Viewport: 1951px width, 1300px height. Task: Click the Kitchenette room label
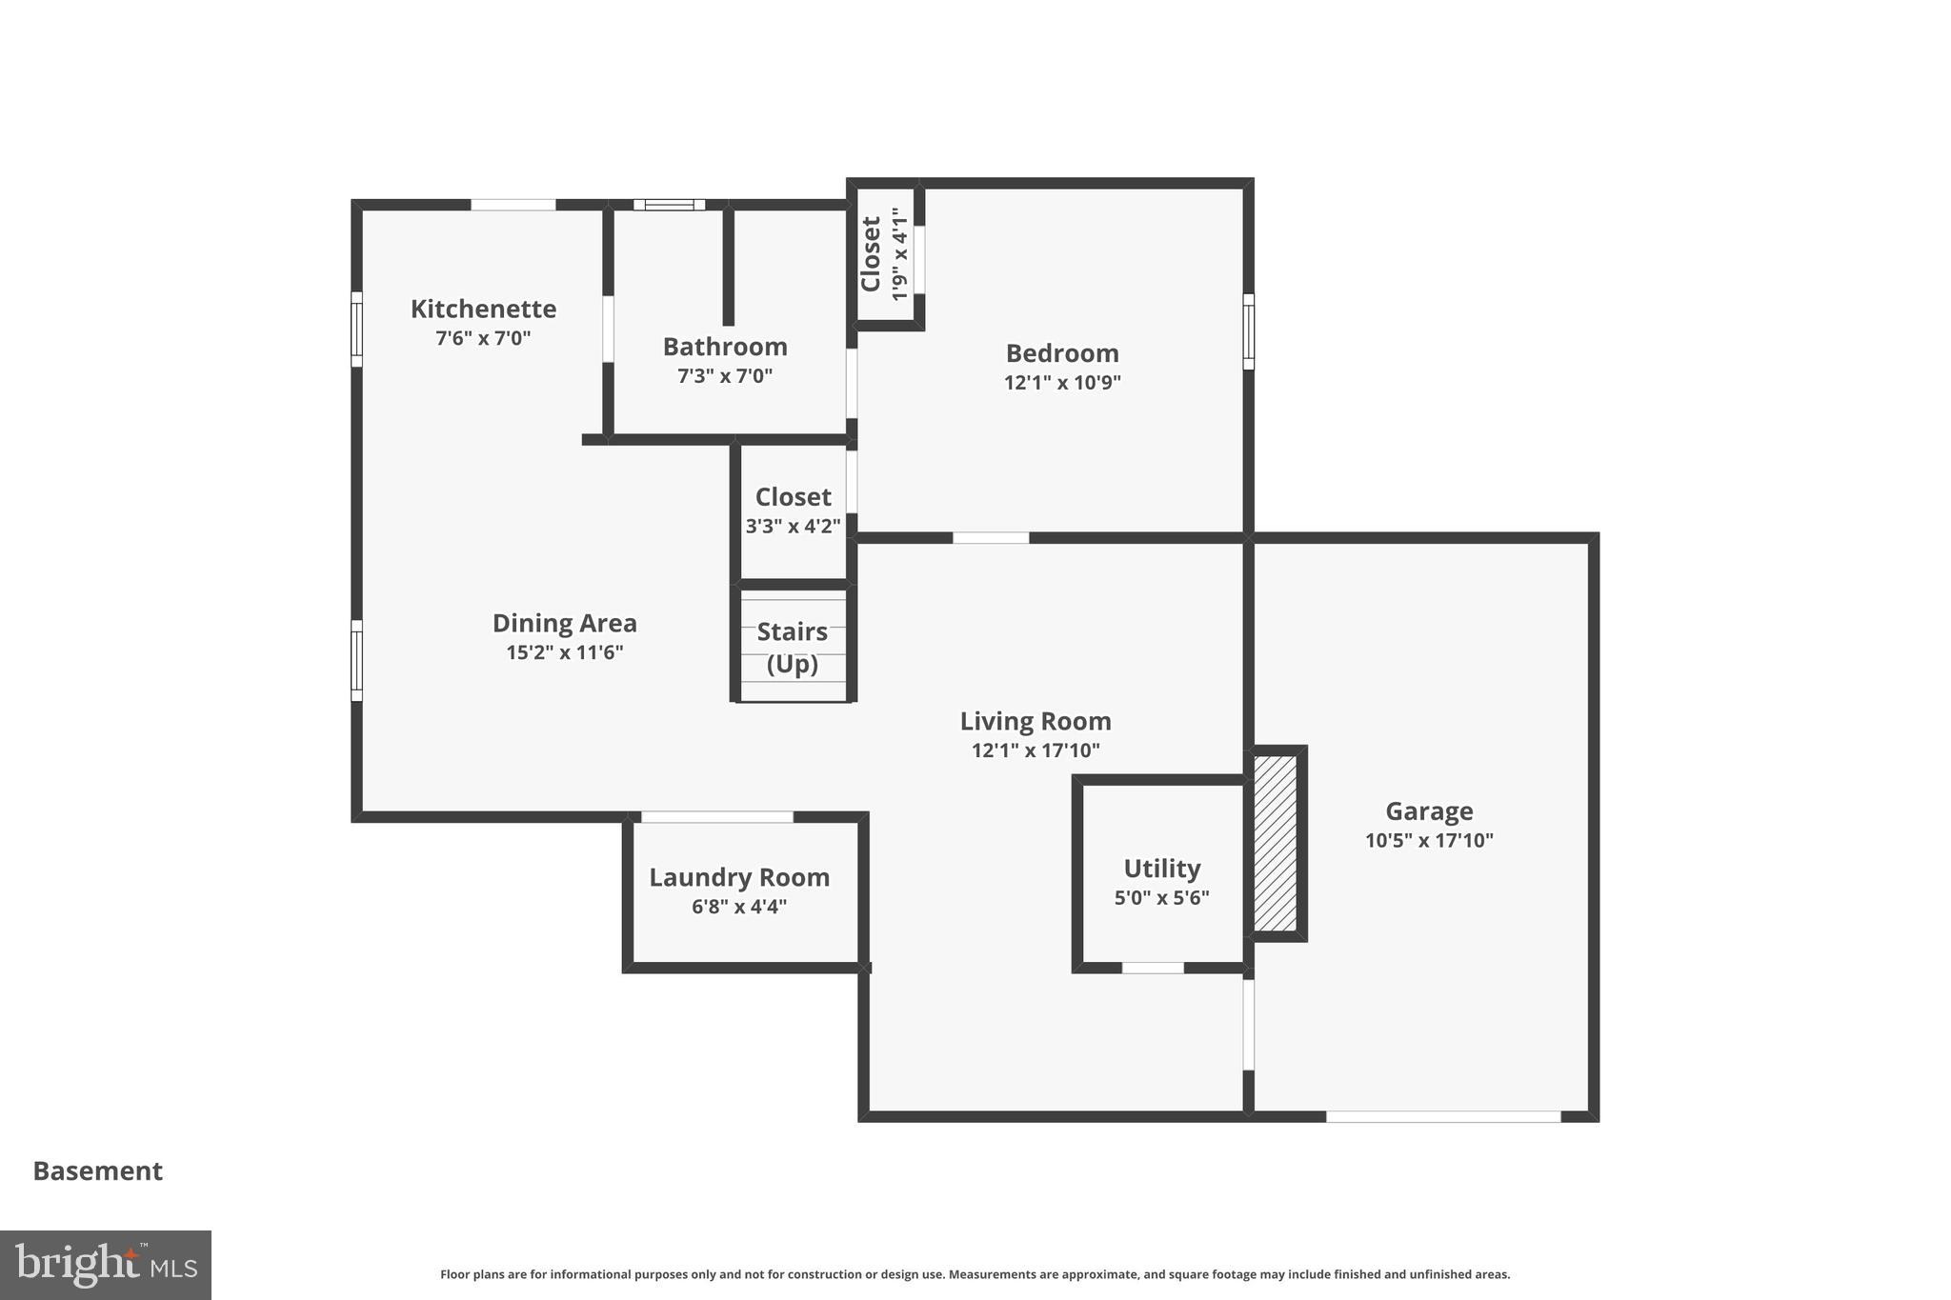483,309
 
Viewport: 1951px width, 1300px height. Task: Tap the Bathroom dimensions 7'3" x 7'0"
724,376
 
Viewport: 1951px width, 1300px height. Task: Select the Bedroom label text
1062,353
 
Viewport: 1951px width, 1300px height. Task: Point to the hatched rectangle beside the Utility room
1275,843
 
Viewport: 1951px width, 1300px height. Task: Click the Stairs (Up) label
793,648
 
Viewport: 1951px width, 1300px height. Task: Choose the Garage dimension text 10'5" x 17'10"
1428,840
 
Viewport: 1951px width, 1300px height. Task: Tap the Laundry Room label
739,877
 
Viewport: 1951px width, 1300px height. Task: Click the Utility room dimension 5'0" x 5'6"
1161,897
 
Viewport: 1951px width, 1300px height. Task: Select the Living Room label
1036,721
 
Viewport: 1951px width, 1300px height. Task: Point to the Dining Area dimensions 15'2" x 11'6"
564,652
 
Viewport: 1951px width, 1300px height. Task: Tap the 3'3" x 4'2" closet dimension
793,526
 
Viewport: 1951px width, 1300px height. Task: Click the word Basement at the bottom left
98,1170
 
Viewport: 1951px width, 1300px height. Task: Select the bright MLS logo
106,1265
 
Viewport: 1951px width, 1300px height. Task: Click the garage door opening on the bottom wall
1442,1116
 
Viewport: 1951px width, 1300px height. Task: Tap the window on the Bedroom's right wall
1248,330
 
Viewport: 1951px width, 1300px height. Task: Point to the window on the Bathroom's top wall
669,205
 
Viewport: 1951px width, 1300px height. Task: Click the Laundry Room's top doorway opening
716,817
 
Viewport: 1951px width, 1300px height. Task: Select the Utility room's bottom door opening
1152,968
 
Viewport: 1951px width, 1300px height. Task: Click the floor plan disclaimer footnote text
975,1274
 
